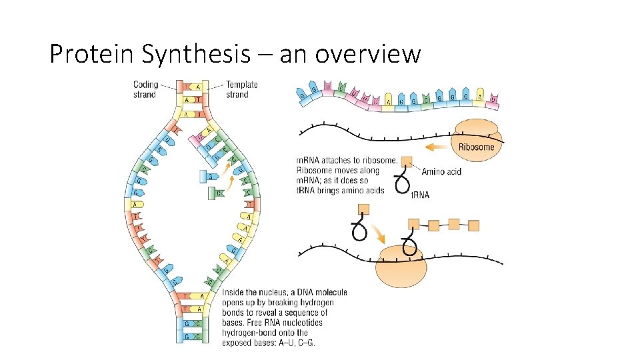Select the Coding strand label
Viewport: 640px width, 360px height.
tap(145, 89)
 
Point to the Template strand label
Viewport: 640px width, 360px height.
tap(241, 89)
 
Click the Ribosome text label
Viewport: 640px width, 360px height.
tap(477, 147)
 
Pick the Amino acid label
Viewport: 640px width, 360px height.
tap(441, 172)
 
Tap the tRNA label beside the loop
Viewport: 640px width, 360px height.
tap(419, 195)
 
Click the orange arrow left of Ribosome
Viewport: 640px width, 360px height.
tap(437, 146)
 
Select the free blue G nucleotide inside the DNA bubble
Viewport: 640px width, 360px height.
tap(207, 177)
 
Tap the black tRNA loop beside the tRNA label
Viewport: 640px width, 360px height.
tap(401, 183)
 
